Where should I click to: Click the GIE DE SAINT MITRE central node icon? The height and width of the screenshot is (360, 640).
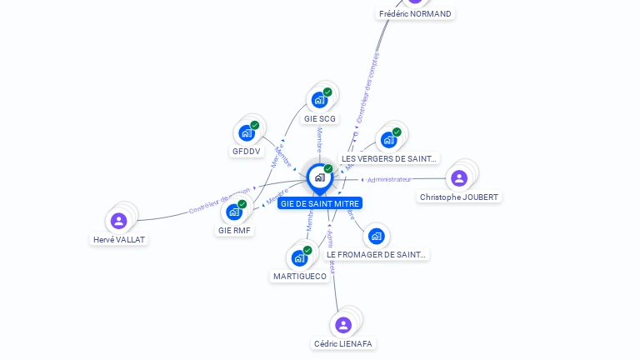tap(319, 177)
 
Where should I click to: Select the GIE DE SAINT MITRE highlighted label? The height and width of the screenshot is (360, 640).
tap(320, 203)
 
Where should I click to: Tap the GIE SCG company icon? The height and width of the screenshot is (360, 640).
tap(319, 100)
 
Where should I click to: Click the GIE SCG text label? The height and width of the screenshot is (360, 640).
tap(320, 119)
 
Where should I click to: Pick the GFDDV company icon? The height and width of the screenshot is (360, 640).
tap(247, 132)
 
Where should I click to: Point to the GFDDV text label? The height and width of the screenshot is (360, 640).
tap(247, 152)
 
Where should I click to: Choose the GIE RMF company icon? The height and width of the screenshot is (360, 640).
tap(234, 212)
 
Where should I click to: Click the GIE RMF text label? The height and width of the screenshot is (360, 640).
tap(234, 231)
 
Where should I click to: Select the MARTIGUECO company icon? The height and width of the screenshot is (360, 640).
tap(299, 257)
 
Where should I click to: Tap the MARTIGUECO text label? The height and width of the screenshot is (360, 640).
tap(300, 277)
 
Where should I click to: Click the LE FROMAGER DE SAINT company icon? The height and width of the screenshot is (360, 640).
tap(376, 237)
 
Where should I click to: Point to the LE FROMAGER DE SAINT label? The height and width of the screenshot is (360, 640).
tap(377, 255)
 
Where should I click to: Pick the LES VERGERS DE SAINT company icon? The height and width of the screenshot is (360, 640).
tap(388, 139)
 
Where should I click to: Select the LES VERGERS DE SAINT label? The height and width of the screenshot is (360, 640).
tap(389, 158)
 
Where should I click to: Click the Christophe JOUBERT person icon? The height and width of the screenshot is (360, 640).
tap(459, 177)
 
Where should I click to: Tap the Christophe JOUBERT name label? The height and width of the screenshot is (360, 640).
tap(460, 197)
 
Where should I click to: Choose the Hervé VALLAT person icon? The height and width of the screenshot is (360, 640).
tap(119, 221)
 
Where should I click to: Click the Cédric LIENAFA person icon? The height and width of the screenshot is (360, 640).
tap(342, 325)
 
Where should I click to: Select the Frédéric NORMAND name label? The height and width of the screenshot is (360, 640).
tap(415, 14)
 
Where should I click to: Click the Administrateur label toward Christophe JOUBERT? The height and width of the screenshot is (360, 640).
tap(389, 179)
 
